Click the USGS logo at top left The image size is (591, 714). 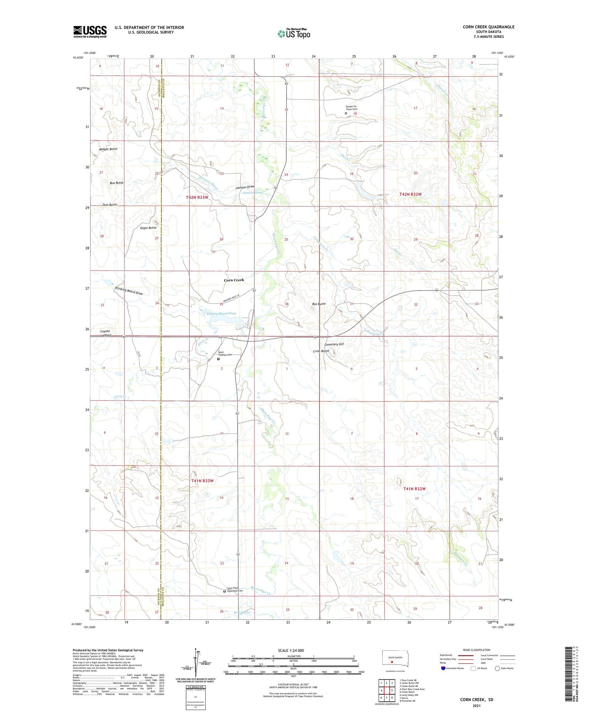[90, 32]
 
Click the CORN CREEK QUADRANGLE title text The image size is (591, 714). [488, 27]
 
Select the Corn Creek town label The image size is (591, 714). [234, 280]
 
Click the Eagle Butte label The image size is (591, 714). [148, 228]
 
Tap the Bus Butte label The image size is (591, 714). [318, 304]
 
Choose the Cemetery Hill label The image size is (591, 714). [334, 344]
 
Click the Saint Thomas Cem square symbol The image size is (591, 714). [218, 359]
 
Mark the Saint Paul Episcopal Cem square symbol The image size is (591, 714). [225, 591]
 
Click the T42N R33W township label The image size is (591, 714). [197, 197]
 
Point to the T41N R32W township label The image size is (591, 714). [414, 489]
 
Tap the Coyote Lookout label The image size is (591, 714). [105, 333]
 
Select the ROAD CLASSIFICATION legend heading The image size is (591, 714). [477, 650]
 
